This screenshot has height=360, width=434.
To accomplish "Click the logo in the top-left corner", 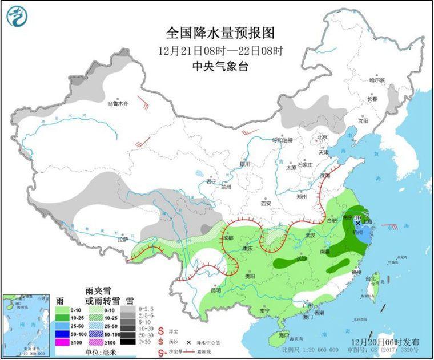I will pos(18,17).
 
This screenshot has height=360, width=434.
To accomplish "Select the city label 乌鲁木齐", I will pos(119,104).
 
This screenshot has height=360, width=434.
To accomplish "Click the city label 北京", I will pos(323,137).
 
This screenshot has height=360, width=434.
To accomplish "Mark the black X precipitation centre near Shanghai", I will pos(357,223).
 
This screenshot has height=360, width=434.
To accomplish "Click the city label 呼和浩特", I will pos(282,140).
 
